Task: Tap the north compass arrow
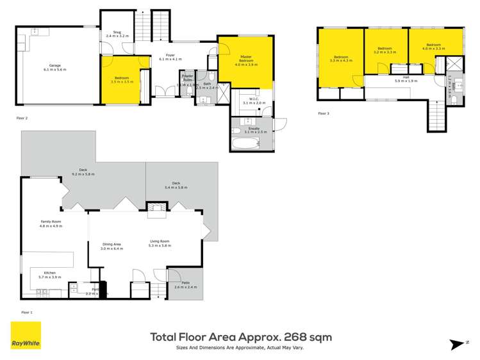458,343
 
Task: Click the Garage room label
55,67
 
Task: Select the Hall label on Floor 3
405,79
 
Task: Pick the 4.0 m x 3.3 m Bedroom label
433,47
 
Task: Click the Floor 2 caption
23,119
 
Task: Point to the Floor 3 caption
325,113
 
